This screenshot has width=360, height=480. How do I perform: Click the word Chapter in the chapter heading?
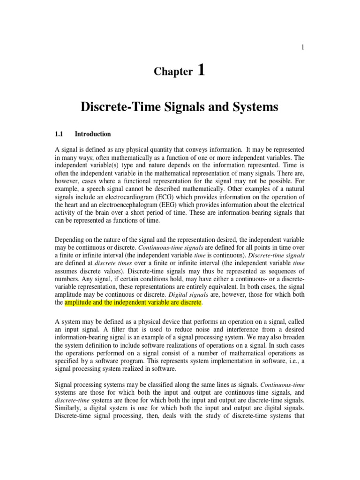coord(173,72)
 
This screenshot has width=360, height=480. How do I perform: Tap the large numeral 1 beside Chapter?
coord(202,70)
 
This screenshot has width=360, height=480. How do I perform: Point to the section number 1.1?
coord(60,134)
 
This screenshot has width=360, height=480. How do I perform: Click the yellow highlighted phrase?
coord(133,303)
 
